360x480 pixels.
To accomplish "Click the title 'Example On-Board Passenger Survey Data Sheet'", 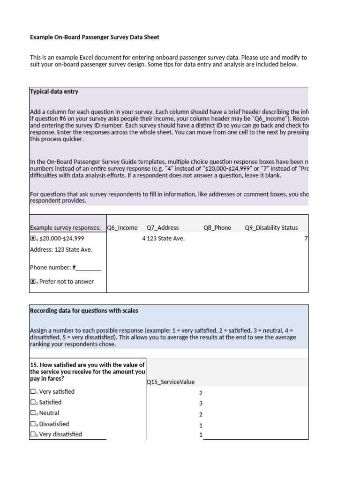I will (x=97, y=37).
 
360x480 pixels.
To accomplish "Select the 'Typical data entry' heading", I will (x=54, y=91).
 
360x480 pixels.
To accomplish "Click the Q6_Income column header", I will (x=122, y=228).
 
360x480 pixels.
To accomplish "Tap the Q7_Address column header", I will (x=163, y=228).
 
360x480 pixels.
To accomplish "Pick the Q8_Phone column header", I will (x=217, y=228).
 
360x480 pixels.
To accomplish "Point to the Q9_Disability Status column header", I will (x=271, y=228).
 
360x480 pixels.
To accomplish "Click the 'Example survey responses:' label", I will (x=65, y=228).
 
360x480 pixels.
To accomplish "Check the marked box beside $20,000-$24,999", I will (x=33, y=239).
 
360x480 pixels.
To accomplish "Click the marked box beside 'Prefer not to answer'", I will (x=33, y=282).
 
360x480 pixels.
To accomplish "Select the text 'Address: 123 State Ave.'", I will (x=61, y=249).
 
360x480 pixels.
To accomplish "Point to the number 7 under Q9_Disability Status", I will (x=306, y=239).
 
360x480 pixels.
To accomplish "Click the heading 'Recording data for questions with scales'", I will (x=84, y=311).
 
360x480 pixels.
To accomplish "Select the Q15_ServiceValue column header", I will (x=170, y=382).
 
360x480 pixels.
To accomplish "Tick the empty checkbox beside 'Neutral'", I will (x=33, y=413).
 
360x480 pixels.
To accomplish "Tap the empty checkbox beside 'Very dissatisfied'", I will (x=33, y=435).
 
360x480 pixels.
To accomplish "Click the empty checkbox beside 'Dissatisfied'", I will (x=33, y=424).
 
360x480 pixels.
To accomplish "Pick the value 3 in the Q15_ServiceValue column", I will (x=201, y=404).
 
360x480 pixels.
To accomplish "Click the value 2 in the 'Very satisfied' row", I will (x=201, y=393).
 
